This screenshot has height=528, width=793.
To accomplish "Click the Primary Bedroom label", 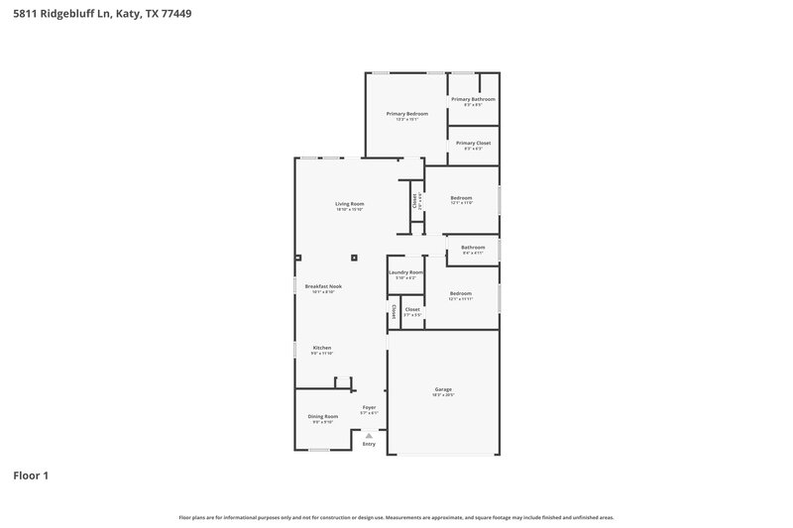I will point(406,114).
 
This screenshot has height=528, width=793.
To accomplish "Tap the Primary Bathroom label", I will point(473,99).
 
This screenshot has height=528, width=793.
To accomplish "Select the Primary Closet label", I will point(473,143).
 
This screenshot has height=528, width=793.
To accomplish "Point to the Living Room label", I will point(349,204).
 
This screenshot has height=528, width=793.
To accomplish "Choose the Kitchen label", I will point(322,348).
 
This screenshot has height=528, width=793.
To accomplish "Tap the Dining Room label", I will point(322,416).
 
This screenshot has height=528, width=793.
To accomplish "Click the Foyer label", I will point(369,407).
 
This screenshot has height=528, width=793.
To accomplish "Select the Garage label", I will point(442,389).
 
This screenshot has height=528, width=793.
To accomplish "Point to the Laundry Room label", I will point(405,272).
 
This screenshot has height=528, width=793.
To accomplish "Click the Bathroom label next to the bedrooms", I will point(473,247).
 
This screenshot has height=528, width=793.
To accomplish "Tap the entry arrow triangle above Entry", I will point(369,435).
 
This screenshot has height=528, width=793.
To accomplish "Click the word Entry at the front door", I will point(369,445).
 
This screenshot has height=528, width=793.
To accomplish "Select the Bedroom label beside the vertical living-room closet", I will point(462,197).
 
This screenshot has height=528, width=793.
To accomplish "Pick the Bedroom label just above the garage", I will point(460,293).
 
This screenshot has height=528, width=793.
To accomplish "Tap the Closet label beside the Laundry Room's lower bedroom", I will point(412,309).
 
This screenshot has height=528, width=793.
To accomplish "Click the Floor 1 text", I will point(31,475).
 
